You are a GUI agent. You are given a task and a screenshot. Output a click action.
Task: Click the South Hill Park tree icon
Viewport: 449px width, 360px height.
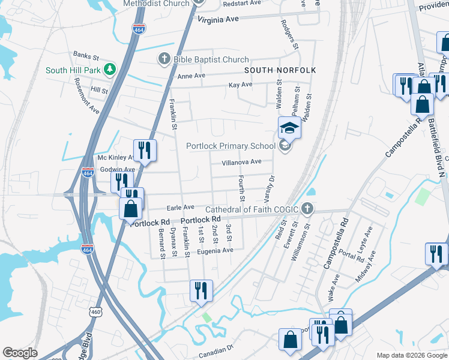point(109,70)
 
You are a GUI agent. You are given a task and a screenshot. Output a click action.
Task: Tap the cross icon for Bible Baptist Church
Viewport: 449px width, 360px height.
point(164,59)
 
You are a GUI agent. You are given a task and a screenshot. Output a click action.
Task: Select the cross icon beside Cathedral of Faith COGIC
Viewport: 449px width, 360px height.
point(307,209)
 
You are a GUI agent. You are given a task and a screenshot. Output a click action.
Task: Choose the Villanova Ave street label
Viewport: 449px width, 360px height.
point(241,162)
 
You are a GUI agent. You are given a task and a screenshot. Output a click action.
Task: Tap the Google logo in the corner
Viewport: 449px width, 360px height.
point(20,353)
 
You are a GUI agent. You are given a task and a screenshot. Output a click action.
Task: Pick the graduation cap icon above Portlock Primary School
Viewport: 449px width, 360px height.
point(289,127)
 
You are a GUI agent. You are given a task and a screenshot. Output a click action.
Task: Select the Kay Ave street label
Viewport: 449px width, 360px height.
point(240,85)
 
